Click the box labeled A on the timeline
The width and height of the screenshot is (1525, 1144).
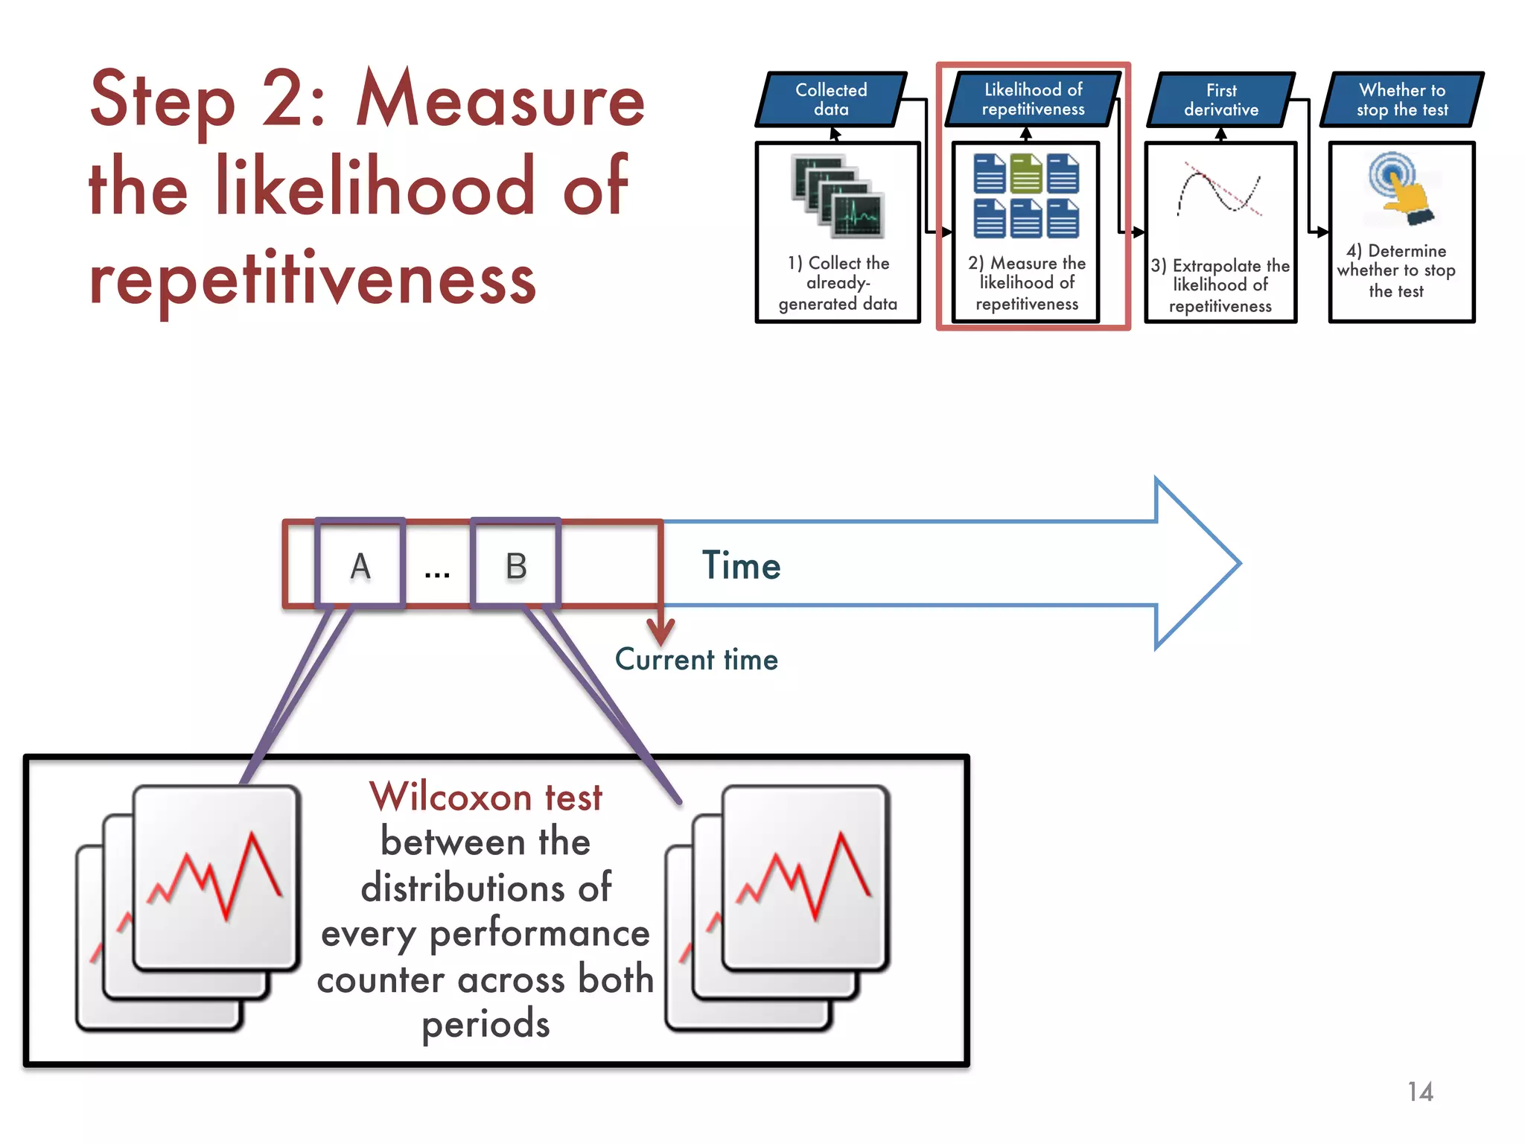click(360, 565)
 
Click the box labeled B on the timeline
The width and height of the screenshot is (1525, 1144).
click(516, 565)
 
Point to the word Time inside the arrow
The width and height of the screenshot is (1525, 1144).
click(741, 565)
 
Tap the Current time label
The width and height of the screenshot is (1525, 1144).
click(696, 660)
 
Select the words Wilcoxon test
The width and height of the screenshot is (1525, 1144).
click(485, 797)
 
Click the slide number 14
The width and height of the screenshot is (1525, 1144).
click(1420, 1092)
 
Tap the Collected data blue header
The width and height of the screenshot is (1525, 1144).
click(831, 100)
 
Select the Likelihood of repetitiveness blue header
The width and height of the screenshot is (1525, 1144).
click(1033, 100)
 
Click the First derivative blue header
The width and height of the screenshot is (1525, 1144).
click(1221, 100)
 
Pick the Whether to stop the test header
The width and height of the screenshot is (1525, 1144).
click(1402, 100)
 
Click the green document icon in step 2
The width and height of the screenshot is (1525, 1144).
click(1026, 174)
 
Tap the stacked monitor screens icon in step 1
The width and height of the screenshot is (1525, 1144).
click(838, 196)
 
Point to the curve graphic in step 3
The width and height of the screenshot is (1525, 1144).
click(1220, 191)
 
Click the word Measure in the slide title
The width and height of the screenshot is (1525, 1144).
click(500, 101)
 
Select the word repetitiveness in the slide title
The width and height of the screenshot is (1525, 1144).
click(313, 280)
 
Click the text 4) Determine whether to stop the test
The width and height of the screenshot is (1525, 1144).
click(1396, 270)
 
